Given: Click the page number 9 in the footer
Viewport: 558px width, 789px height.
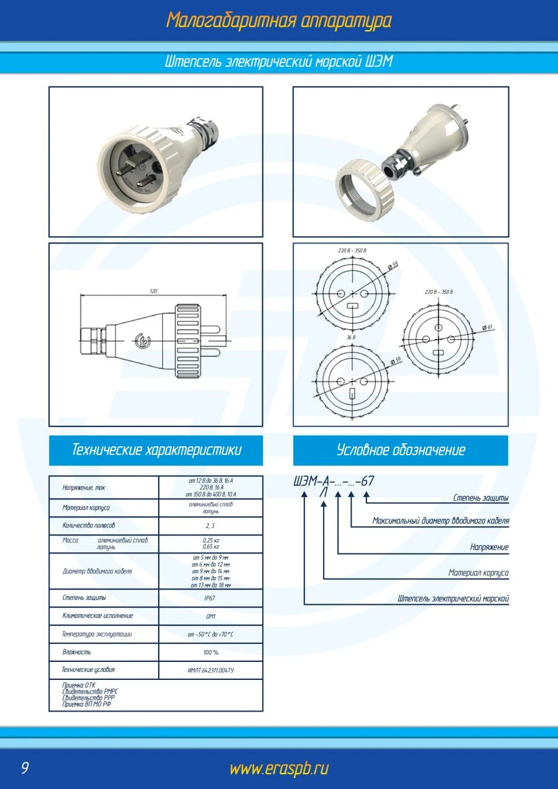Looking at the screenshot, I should click(25, 769).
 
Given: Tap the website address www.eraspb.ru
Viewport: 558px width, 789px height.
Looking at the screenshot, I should click(278, 769).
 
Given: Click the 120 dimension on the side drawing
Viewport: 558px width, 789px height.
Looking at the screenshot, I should click(153, 291).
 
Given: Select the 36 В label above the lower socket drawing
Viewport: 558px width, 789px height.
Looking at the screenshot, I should click(351, 337).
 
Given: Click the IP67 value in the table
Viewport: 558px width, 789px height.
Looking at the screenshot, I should click(210, 599).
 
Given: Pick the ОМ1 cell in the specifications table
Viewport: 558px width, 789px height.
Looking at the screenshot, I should click(211, 617).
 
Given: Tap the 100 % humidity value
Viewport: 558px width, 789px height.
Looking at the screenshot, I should click(211, 653).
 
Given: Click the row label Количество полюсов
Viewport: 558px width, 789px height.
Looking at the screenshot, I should click(89, 526).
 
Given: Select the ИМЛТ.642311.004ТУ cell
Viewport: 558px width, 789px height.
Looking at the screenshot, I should click(211, 671).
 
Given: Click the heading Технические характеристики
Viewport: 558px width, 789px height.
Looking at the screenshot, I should click(156, 450).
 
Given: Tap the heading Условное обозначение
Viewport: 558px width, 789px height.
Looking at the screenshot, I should click(401, 450).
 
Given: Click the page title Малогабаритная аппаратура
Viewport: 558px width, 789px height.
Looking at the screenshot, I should click(278, 20).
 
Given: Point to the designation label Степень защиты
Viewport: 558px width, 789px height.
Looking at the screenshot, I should click(480, 498).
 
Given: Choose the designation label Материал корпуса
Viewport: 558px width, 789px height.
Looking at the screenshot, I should click(478, 573).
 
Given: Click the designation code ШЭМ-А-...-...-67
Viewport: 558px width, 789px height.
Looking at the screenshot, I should click(334, 482).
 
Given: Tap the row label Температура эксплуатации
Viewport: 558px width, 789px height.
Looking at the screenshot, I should click(97, 635).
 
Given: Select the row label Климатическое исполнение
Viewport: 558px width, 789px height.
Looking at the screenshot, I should click(97, 616).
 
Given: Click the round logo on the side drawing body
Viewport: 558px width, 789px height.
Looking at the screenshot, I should click(141, 340).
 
